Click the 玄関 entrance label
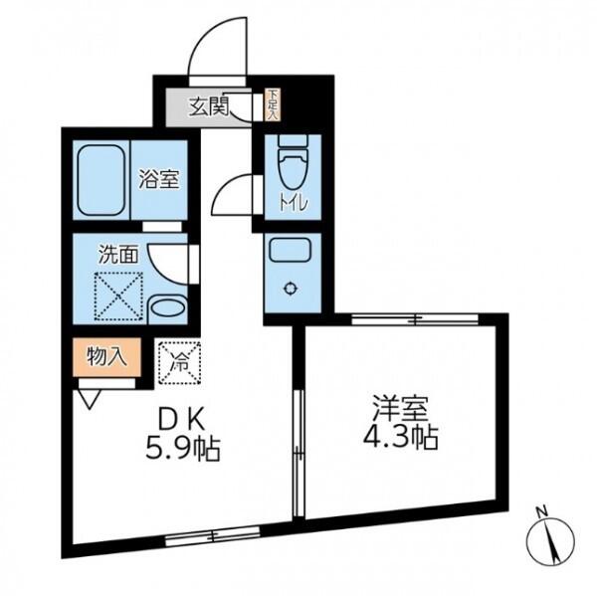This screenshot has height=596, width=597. pyautogui.click(x=209, y=106)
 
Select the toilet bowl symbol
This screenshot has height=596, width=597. pyautogui.click(x=293, y=161)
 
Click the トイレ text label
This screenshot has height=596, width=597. pyautogui.click(x=294, y=204)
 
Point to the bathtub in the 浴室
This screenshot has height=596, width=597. pyautogui.click(x=101, y=180)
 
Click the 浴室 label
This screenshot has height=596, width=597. pyautogui.click(x=159, y=179)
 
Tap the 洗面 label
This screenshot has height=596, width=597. pyautogui.click(x=118, y=254)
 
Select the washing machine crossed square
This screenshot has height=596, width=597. pyautogui.click(x=118, y=297)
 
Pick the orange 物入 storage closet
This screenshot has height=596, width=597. pyautogui.click(x=107, y=357)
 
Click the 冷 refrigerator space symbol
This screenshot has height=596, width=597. pyautogui.click(x=180, y=362)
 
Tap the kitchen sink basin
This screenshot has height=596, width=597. pyautogui.click(x=291, y=250)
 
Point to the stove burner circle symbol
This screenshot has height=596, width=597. pyautogui.click(x=291, y=289)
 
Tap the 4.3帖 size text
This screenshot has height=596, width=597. pyautogui.click(x=401, y=437)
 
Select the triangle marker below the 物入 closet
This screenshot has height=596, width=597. pyautogui.click(x=90, y=399)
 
